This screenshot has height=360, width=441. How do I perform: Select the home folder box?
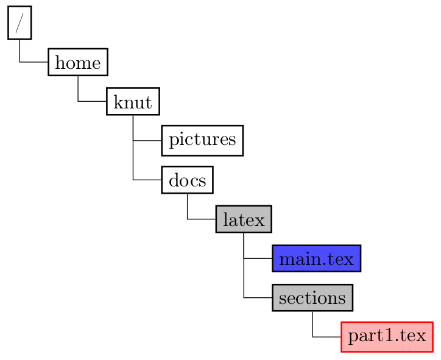[78, 62]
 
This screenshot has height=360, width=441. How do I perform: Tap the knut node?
[133, 101]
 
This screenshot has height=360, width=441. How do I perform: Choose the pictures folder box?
[202, 140]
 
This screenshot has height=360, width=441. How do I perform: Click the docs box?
[187, 180]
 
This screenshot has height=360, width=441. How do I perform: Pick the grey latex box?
[243, 219]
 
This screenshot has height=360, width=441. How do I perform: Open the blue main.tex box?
[316, 258]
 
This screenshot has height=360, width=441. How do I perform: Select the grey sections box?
[312, 297]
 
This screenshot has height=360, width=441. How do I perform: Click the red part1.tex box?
[387, 337]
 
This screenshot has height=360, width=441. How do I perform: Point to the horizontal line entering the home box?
[34, 62]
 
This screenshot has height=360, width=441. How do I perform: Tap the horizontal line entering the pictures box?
[147, 140]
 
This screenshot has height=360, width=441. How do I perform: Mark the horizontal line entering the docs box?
[147, 180]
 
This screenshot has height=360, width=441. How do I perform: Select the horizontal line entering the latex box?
[202, 219]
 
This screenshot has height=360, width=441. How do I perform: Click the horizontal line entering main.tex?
[258, 258]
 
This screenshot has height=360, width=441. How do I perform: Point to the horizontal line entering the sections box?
[258, 297]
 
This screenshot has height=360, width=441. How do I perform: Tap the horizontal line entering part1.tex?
[327, 337]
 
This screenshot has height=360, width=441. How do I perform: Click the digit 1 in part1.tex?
[389, 337]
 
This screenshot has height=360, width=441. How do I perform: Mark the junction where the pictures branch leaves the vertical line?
[133, 140]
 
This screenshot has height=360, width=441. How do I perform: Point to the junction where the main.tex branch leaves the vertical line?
[244, 258]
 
